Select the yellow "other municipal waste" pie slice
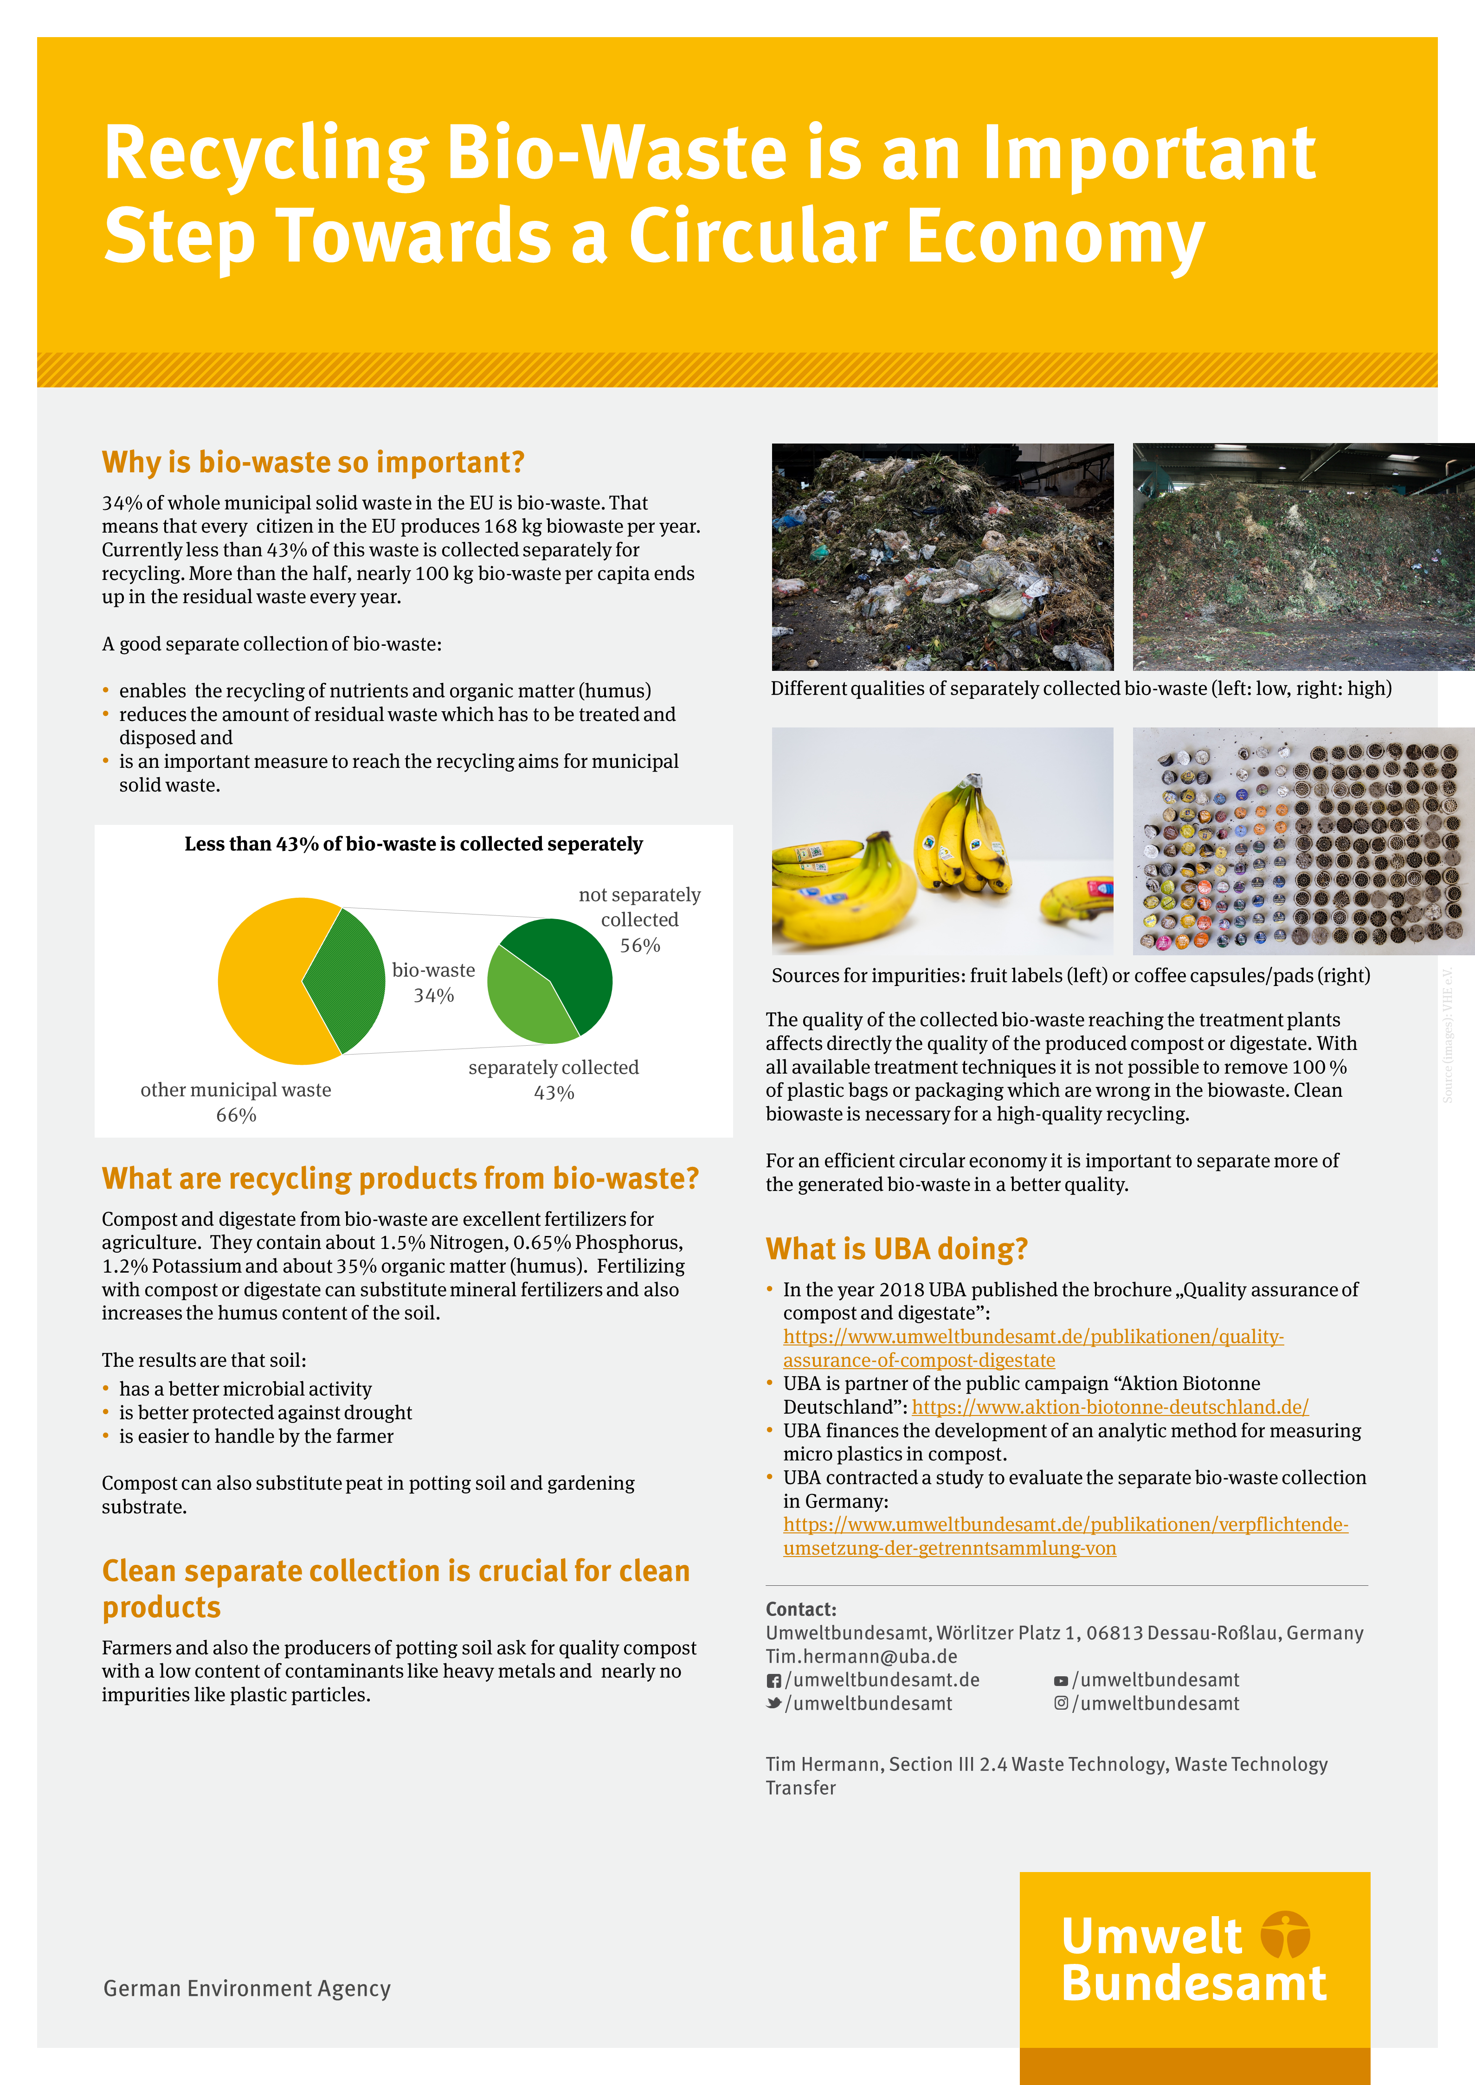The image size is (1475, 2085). click(x=264, y=981)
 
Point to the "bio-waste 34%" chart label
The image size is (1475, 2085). click(x=433, y=983)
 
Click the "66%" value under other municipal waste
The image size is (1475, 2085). click(x=236, y=1115)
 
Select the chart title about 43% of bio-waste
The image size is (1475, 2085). click(x=413, y=843)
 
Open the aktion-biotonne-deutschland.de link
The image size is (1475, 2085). click(x=1110, y=1407)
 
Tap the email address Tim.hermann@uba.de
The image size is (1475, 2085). click(x=861, y=1656)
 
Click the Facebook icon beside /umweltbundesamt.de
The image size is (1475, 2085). click(x=774, y=1681)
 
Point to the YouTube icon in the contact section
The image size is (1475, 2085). click(x=1061, y=1681)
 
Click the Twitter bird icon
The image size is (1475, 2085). click(x=774, y=1704)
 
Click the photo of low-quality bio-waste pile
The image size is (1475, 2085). click(x=942, y=557)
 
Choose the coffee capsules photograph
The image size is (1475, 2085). click(x=1302, y=841)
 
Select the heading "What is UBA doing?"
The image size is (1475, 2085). click(x=896, y=1248)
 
